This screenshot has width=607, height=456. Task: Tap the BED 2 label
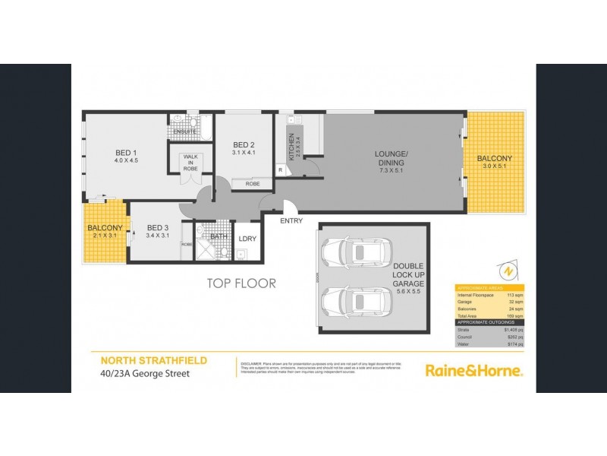pyautogui.click(x=244, y=145)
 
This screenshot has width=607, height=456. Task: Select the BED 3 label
pyautogui.click(x=157, y=227)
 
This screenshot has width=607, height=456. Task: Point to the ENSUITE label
pyautogui.click(x=184, y=132)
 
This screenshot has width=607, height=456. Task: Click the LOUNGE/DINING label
pyautogui.click(x=392, y=157)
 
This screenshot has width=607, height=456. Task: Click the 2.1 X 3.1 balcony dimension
pyautogui.click(x=105, y=236)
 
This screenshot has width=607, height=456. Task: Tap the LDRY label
pyautogui.click(x=247, y=239)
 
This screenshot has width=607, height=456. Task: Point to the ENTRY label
pyautogui.click(x=291, y=221)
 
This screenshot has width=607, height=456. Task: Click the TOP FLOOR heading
pyautogui.click(x=241, y=283)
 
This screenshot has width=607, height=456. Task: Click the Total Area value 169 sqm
pyautogui.click(x=514, y=316)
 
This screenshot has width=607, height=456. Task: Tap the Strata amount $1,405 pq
pyautogui.click(x=513, y=330)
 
